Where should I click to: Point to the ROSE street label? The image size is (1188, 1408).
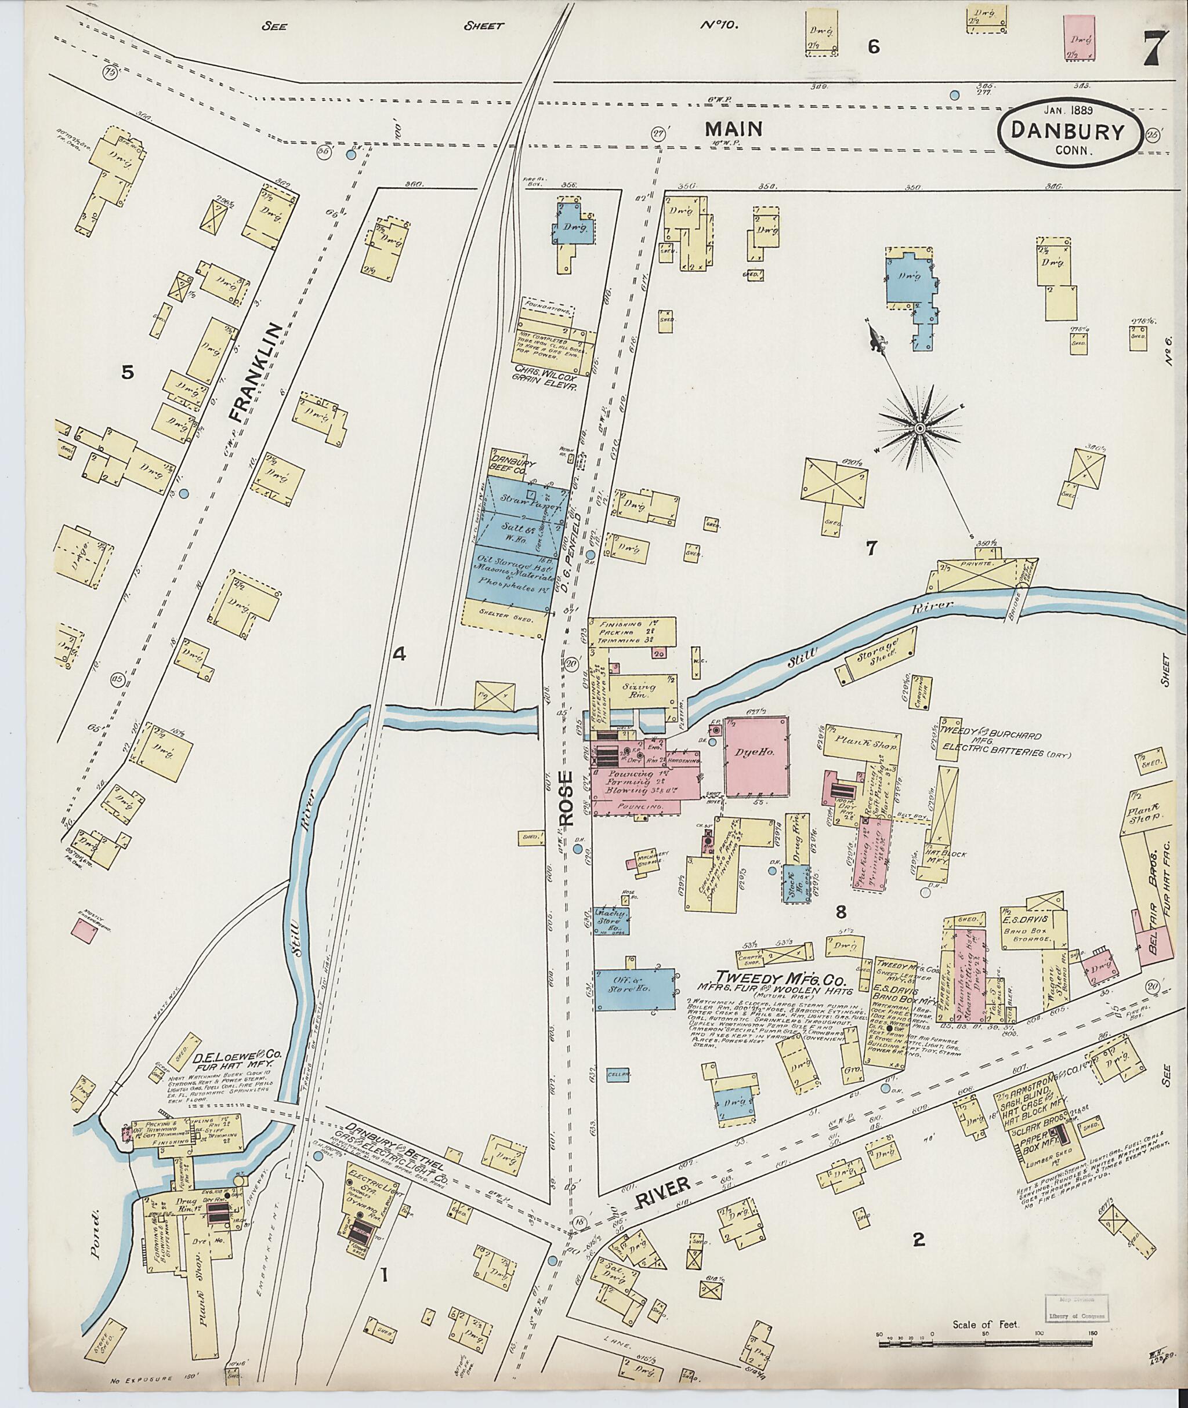coord(564,799)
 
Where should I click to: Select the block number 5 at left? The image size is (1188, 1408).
coord(125,372)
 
